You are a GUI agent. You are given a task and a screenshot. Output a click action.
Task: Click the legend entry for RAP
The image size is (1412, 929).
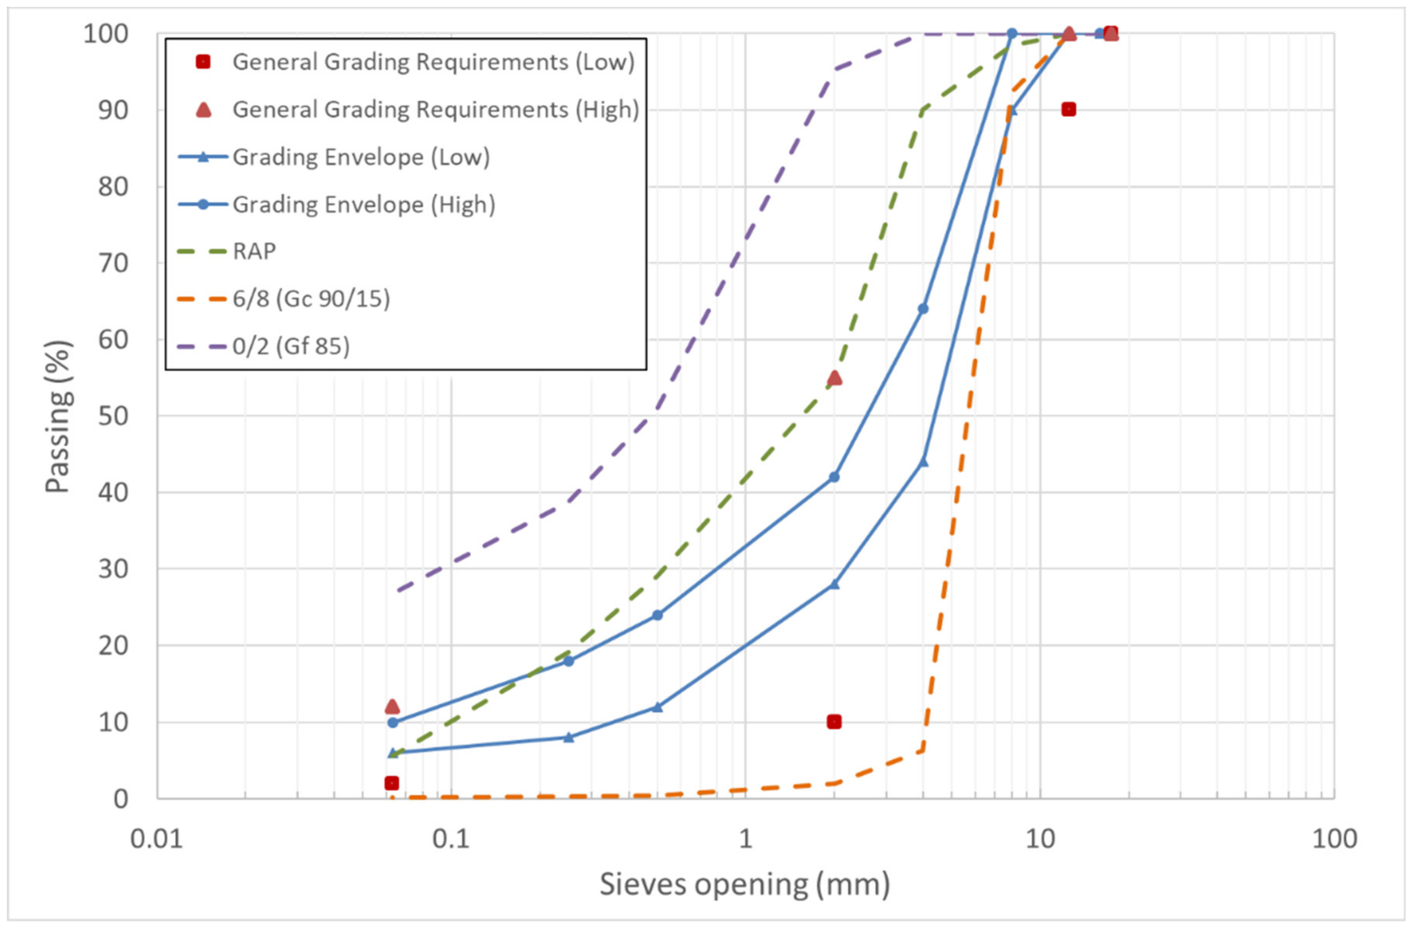pyautogui.click(x=254, y=252)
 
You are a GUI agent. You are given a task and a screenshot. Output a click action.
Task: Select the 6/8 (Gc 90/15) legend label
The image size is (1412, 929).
pyautogui.click(x=311, y=298)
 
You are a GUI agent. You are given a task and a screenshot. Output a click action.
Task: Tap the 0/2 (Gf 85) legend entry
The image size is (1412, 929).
pyautogui.click(x=291, y=346)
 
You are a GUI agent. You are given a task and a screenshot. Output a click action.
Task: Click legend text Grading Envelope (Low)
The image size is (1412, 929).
pyautogui.click(x=361, y=157)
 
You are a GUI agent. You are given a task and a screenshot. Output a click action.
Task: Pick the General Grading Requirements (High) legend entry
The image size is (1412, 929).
pyautogui.click(x=435, y=110)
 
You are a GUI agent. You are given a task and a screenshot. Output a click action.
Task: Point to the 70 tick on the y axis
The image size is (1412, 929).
pyautogui.click(x=113, y=263)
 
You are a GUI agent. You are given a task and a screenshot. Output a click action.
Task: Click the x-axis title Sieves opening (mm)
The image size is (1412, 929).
pyautogui.click(x=745, y=884)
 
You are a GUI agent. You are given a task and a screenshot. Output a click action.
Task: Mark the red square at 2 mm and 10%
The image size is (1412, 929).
pyautogui.click(x=834, y=722)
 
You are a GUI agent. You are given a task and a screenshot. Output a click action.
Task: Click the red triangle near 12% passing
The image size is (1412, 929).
pyautogui.click(x=392, y=706)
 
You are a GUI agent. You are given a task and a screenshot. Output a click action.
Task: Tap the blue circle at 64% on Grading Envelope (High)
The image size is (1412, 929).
pyautogui.click(x=922, y=309)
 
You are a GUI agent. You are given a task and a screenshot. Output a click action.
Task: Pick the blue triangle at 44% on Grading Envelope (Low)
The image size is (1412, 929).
pyautogui.click(x=922, y=461)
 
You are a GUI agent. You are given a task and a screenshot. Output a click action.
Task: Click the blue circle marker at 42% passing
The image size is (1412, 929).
pyautogui.click(x=834, y=477)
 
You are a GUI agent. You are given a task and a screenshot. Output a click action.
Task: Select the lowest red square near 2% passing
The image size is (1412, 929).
pyautogui.click(x=392, y=783)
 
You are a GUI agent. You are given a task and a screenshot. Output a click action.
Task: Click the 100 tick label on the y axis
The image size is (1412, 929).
pyautogui.click(x=106, y=34)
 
